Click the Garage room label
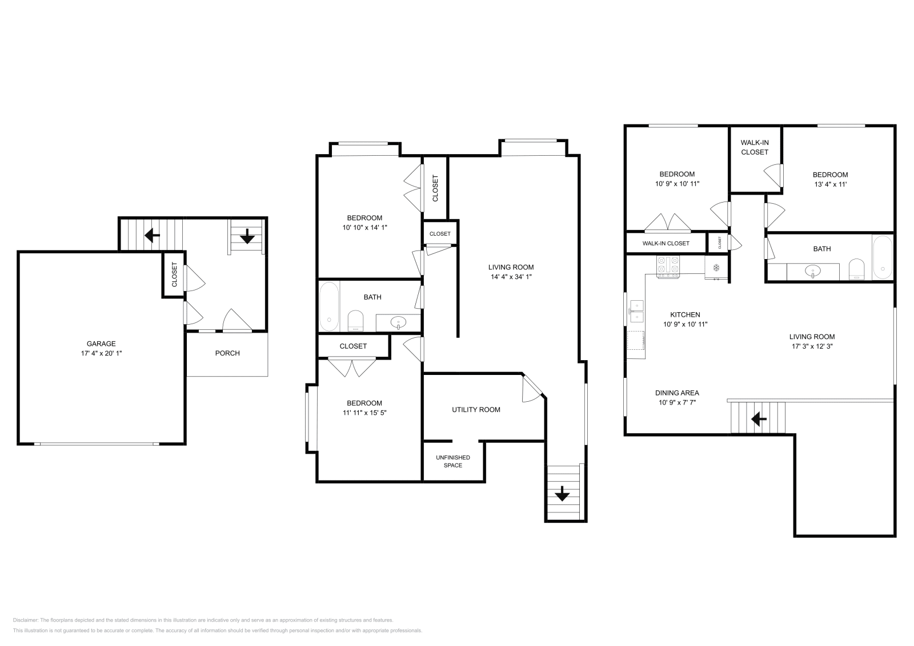101,344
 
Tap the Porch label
227,353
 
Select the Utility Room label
476,410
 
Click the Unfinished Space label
453,461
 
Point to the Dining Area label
677,393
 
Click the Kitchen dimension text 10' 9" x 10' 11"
685,324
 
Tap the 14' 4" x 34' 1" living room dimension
511,277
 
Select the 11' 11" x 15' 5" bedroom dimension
364,413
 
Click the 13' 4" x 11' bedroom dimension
830,184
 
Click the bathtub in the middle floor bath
329,306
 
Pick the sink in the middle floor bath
398,323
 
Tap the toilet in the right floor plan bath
856,269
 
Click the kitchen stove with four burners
668,267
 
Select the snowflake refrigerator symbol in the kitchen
716,268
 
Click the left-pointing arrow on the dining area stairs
759,418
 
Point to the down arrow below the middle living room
562,494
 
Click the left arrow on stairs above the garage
152,235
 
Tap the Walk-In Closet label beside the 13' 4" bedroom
755,147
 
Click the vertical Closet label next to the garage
174,274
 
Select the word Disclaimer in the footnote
25,620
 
